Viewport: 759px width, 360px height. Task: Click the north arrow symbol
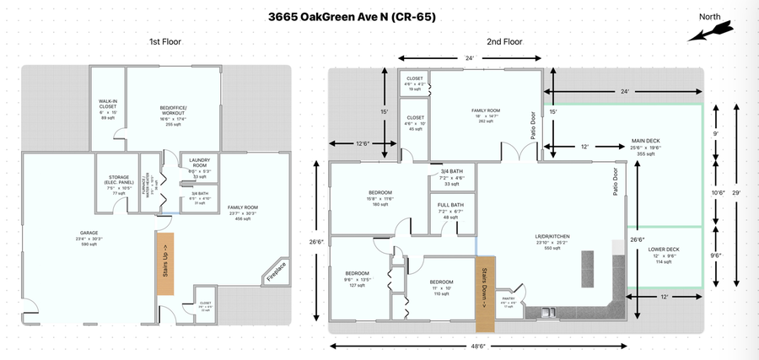(x=708, y=32)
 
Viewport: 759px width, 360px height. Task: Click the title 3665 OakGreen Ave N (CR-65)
(x=352, y=16)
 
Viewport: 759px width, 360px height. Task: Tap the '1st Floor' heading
(x=165, y=41)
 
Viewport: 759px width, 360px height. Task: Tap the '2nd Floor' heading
(x=504, y=41)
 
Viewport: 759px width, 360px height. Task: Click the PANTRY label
(x=509, y=298)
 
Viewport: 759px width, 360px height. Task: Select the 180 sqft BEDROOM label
(x=379, y=197)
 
